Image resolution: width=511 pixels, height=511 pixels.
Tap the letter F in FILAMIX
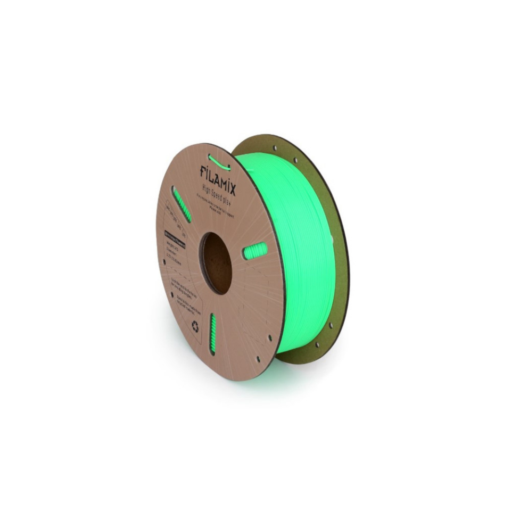(x=203, y=171)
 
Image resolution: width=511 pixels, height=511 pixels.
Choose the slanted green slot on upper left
(x=182, y=204)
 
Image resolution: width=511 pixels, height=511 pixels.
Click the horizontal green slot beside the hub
(x=254, y=250)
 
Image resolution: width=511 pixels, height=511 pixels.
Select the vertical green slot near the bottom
(x=212, y=334)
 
